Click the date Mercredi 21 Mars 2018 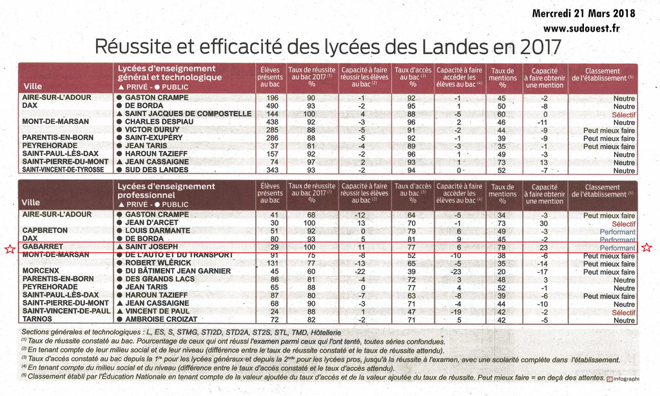tap(583, 14)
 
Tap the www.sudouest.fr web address tap(581, 28)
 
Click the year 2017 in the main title tap(541, 47)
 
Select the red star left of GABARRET tap(10, 249)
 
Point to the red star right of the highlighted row tap(646, 248)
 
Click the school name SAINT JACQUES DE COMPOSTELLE tap(188, 114)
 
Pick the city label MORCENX tap(41, 271)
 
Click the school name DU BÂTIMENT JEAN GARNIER tap(178, 271)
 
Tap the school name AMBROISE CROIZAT tap(161, 319)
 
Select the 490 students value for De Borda tap(273, 106)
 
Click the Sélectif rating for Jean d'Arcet tap(624, 224)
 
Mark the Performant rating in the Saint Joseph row tap(617, 248)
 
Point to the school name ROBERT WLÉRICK tap(159, 263)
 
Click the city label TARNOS tap(37, 319)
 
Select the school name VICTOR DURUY tap(152, 130)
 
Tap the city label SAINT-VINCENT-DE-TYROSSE tap(63, 170)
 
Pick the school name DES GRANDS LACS tap(160, 279)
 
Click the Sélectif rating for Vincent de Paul tap(624, 313)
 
